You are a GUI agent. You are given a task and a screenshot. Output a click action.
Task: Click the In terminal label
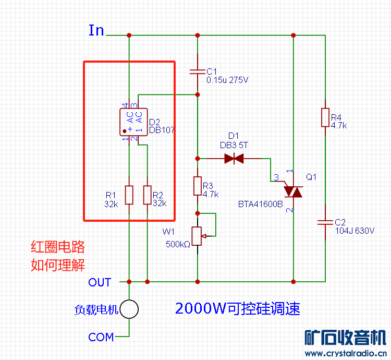tap(96, 30)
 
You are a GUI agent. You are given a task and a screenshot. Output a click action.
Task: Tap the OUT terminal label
tap(100, 282)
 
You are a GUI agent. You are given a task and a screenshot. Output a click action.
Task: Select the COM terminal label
tap(101, 337)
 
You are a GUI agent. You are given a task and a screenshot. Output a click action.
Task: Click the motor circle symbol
tap(129, 309)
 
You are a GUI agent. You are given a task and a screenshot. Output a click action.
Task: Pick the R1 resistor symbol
tap(129, 195)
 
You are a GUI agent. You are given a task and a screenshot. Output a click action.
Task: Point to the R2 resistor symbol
tap(147, 195)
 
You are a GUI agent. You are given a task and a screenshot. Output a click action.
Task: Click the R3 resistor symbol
tap(198, 186)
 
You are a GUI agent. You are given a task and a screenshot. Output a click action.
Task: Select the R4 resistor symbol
tap(325, 117)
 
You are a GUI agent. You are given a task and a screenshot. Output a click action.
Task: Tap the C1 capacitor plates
tap(198, 71)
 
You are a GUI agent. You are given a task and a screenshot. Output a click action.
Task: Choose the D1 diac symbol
tap(235, 158)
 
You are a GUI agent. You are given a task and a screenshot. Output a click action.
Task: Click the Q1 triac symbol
tap(293, 191)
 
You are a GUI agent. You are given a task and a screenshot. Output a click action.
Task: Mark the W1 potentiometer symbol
tap(198, 236)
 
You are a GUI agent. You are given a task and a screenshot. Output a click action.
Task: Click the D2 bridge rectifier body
tap(133, 123)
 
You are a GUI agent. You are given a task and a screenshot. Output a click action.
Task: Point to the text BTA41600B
tap(260, 204)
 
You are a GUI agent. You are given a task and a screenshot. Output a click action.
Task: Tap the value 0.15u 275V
tap(227, 80)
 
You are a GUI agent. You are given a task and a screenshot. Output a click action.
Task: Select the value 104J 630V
tap(355, 230)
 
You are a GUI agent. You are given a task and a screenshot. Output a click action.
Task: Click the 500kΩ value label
tap(178, 244)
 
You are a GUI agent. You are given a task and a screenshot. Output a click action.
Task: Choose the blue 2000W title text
tap(238, 308)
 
